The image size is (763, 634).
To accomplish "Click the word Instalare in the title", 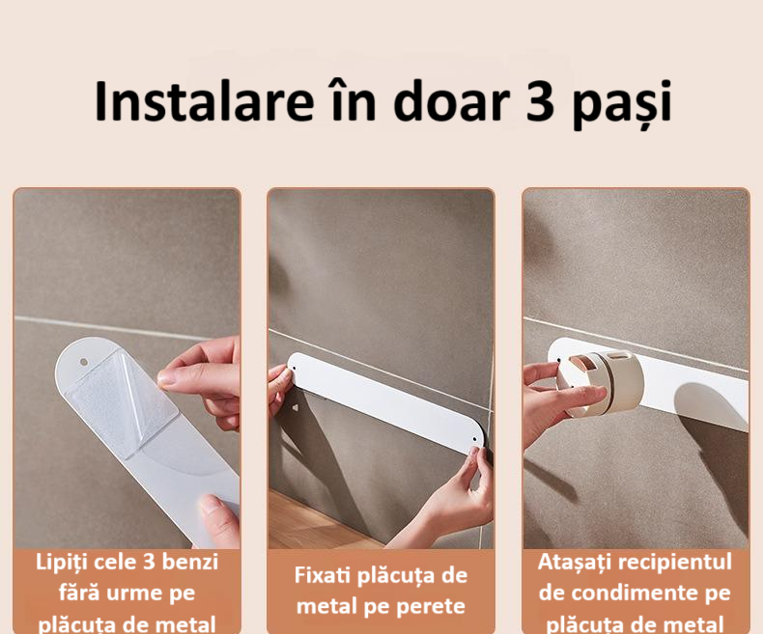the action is click(205, 101).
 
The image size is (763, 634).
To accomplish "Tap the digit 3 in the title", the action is click(540, 102).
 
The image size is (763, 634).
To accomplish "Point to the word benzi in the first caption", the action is click(189, 562).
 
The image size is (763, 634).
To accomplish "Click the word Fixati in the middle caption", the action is click(323, 575).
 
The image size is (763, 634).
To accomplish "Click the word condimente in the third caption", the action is click(634, 593).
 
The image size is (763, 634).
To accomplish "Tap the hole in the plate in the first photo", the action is click(84, 362).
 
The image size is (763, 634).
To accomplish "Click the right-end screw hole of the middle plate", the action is click(475, 439).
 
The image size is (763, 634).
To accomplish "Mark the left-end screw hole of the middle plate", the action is click(293, 369).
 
